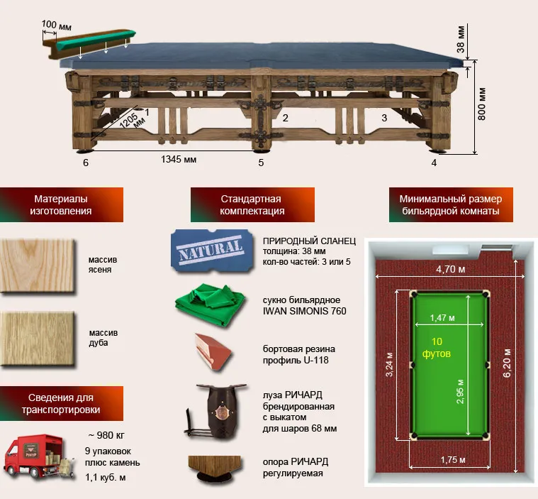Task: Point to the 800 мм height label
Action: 482,104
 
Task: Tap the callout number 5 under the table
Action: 261,163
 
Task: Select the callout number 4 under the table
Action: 434,163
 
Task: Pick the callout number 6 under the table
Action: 86,163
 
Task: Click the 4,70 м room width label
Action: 451,269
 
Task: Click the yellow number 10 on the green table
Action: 437,341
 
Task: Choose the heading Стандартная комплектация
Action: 252,204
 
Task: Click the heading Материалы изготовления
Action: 61,204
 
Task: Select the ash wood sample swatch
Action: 37,265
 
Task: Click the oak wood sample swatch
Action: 37,339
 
